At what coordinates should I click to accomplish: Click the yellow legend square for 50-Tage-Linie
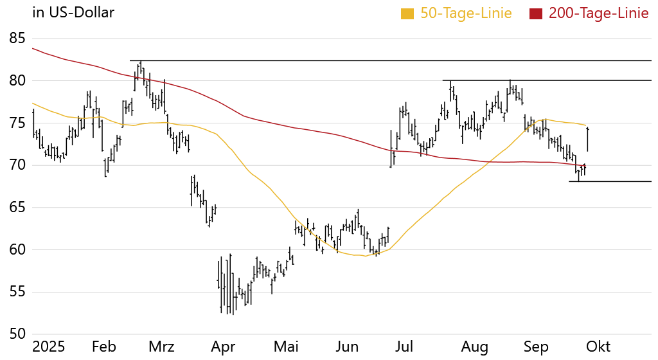[407, 14]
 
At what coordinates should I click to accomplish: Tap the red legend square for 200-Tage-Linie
[535, 14]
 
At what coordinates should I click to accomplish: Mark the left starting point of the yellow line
[32, 103]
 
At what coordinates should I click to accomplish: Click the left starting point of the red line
[32, 48]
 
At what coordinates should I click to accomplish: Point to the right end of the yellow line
[586, 125]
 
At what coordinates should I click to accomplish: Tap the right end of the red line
[585, 166]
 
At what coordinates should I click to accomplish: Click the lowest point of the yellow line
[364, 256]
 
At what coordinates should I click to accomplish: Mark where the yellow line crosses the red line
[490, 161]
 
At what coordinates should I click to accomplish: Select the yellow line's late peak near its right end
[546, 120]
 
